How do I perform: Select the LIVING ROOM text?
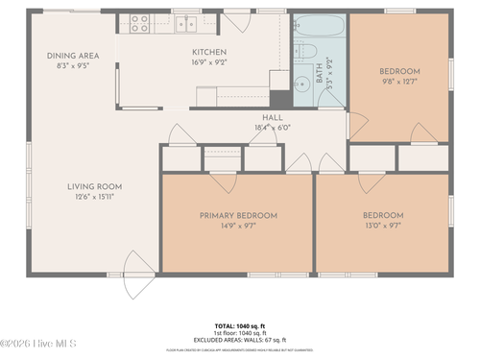point(94,186)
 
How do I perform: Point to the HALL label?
point(272,117)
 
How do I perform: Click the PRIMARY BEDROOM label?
point(238,216)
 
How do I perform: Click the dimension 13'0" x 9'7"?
point(382,226)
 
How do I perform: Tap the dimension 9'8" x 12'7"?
point(399,82)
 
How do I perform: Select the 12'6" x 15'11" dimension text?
point(94,197)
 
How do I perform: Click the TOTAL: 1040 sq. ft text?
point(240,325)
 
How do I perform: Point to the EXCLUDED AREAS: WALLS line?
point(240,339)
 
